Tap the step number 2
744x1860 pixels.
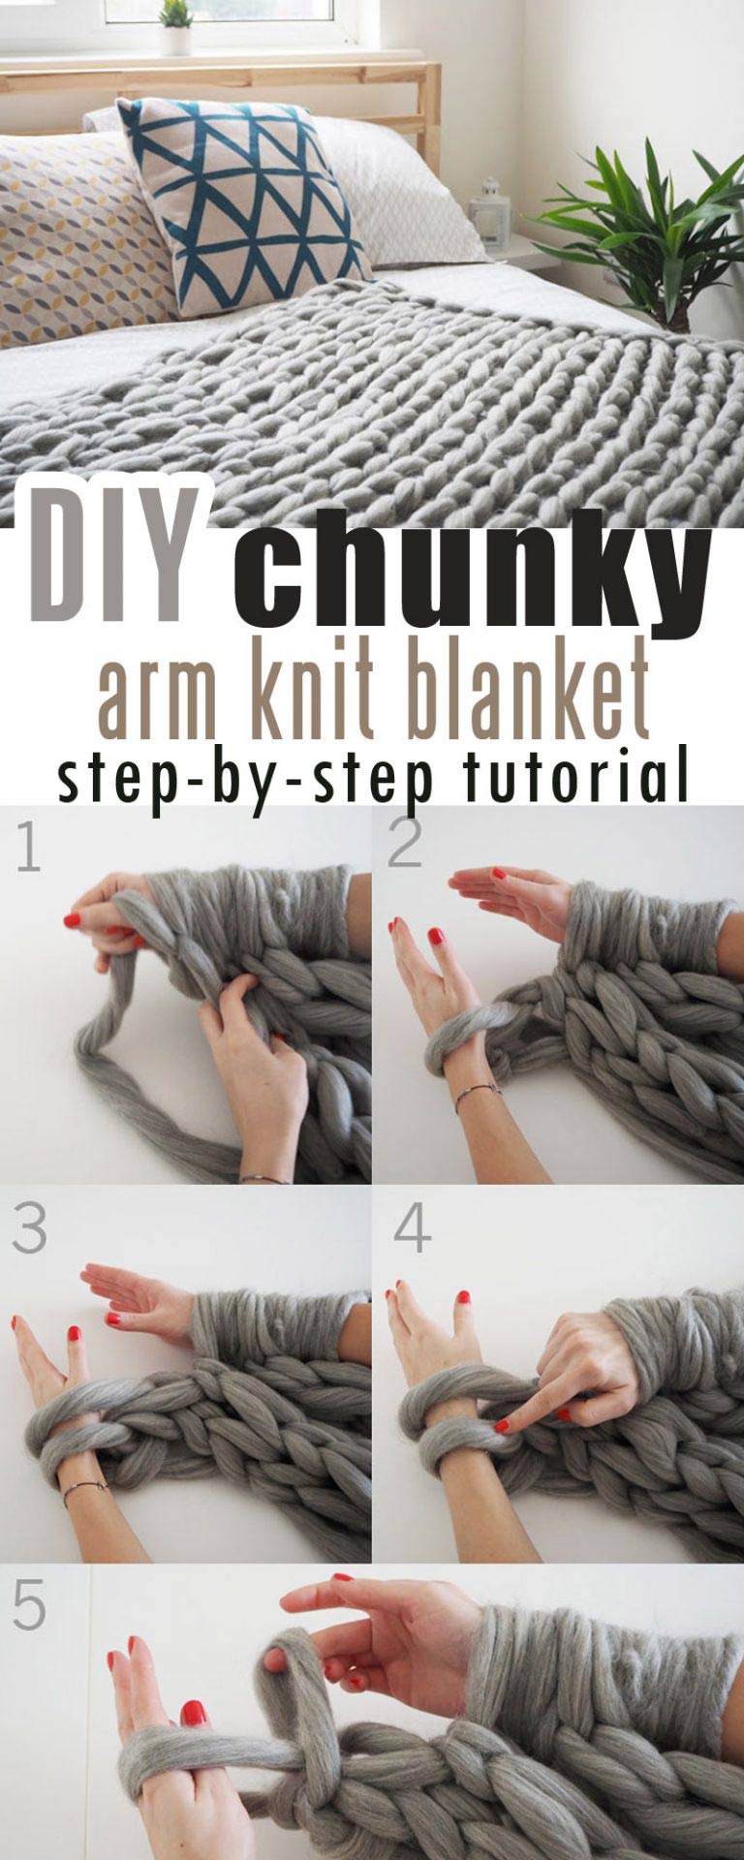click(405, 842)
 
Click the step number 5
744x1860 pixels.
click(29, 1605)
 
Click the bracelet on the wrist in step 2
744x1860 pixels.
click(478, 1094)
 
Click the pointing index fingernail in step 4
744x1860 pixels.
click(502, 1425)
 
